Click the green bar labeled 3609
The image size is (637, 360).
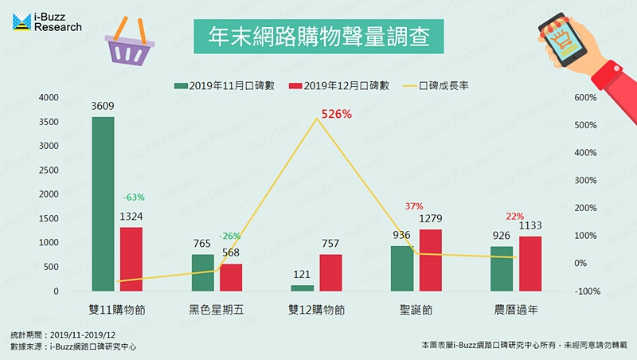tap(104, 204)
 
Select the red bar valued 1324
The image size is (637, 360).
tap(131, 259)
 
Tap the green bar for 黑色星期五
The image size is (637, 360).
tap(202, 272)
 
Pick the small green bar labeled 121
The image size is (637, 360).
tap(302, 288)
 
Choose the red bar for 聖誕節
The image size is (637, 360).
tap(429, 260)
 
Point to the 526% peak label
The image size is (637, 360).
tap(336, 114)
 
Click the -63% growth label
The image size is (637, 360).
tap(133, 197)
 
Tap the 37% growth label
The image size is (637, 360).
tap(414, 205)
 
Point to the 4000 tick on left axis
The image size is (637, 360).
tap(47, 97)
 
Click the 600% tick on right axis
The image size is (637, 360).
tap(585, 98)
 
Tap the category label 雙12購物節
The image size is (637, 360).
tap(316, 308)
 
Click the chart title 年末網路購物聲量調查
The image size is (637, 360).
tap(318, 37)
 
